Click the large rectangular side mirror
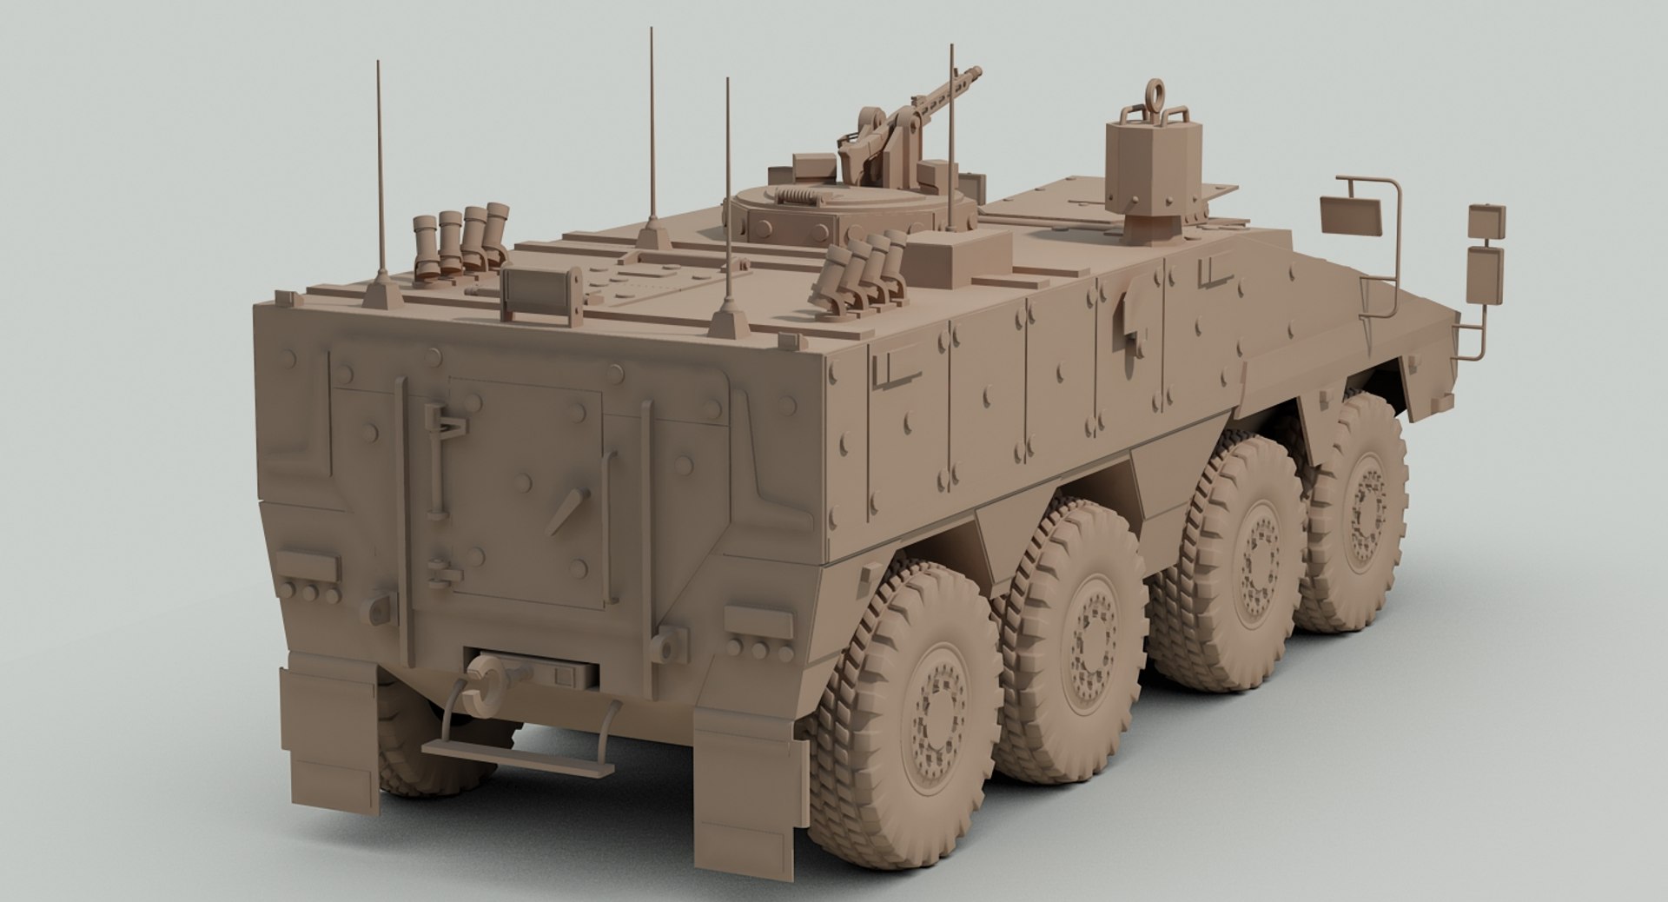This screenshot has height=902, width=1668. pos(1352,215)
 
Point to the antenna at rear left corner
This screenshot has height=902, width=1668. pos(380,174)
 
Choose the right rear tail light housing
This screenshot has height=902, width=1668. pos(758,622)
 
